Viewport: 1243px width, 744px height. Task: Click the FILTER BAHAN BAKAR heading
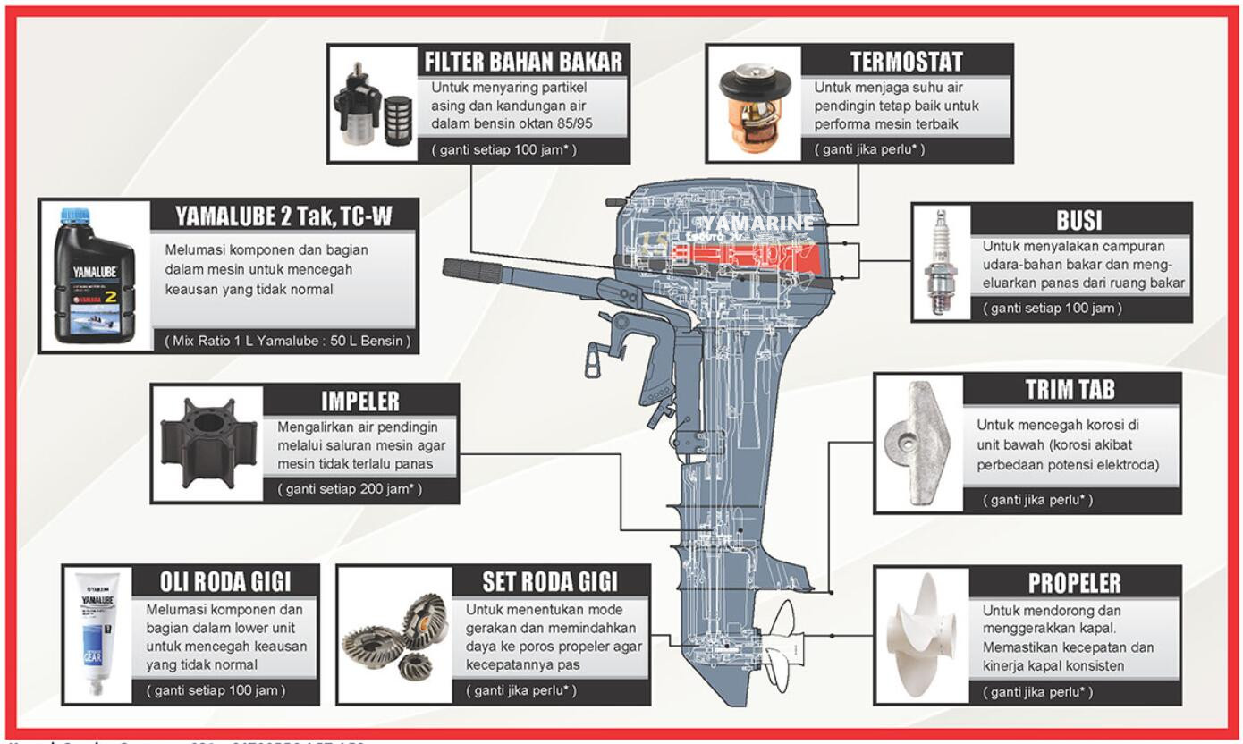(522, 61)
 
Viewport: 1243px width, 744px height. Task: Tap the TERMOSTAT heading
(906, 61)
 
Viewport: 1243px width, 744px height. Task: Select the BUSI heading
(1078, 220)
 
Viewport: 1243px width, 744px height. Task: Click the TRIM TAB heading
(1070, 389)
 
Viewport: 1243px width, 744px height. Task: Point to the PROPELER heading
(1074, 583)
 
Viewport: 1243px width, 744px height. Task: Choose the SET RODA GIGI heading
(549, 581)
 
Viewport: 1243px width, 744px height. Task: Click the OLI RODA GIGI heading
(224, 581)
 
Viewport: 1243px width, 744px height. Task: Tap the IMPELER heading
(359, 400)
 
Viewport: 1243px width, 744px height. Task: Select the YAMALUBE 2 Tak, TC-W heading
(283, 215)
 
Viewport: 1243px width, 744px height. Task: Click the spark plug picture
(941, 261)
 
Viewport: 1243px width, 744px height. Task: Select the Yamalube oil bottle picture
(95, 275)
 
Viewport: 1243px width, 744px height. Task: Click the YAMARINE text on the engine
(758, 223)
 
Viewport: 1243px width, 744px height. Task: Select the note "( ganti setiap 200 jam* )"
(350, 489)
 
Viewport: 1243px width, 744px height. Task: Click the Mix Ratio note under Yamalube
(288, 340)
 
